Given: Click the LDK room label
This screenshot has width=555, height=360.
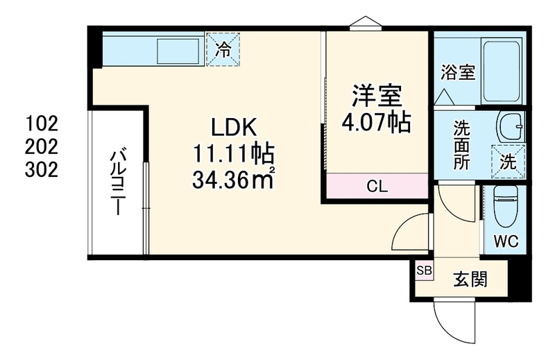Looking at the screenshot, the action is pyautogui.click(x=233, y=128).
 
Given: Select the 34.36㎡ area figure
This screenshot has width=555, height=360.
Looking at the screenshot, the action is pyautogui.click(x=234, y=180).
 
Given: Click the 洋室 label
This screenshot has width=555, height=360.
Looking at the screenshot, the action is pyautogui.click(x=376, y=96).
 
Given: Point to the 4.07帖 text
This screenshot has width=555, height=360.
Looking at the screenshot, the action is pyautogui.click(x=376, y=122).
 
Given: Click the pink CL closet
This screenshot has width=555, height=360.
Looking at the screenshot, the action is pyautogui.click(x=377, y=186).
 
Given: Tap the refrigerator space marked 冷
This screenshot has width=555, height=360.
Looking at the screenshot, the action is pyautogui.click(x=223, y=49).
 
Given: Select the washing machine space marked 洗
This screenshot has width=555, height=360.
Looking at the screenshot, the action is pyautogui.click(x=509, y=162).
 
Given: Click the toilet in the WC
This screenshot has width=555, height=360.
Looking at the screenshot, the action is pyautogui.click(x=506, y=207).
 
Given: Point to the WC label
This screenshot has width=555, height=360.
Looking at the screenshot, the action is pyautogui.click(x=506, y=242).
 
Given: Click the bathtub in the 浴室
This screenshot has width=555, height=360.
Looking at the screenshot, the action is pyautogui.click(x=502, y=72).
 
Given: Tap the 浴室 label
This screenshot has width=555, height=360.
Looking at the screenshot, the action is pyautogui.click(x=458, y=73).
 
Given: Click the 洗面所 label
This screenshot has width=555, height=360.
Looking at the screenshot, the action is pyautogui.click(x=462, y=145).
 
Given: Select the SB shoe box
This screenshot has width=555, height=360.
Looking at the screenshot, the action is pyautogui.click(x=424, y=271).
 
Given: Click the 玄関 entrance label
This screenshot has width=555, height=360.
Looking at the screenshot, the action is pyautogui.click(x=470, y=280).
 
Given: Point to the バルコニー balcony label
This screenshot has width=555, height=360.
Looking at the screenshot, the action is pyautogui.click(x=118, y=182).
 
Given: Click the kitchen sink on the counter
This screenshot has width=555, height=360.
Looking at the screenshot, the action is pyautogui.click(x=178, y=51).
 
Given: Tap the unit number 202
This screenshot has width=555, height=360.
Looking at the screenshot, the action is pyautogui.click(x=42, y=146).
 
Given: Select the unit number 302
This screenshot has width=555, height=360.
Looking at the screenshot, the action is pyautogui.click(x=42, y=170).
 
